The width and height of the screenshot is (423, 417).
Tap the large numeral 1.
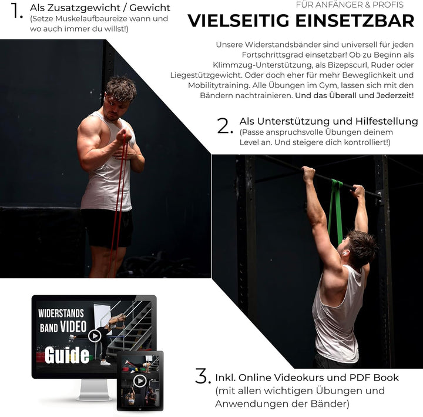tap(16, 11)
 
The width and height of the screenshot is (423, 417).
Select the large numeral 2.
tap(224, 126)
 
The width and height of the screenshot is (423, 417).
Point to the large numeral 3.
tap(203, 376)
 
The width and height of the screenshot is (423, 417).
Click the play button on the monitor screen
tap(95, 336)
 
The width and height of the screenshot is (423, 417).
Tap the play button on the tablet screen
tap(140, 381)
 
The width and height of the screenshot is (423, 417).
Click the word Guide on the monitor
tap(67, 355)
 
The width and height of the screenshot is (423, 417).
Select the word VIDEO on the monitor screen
tap(73, 326)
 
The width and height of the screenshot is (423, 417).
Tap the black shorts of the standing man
tap(107, 228)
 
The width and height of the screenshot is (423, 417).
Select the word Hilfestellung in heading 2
tap(387, 121)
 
